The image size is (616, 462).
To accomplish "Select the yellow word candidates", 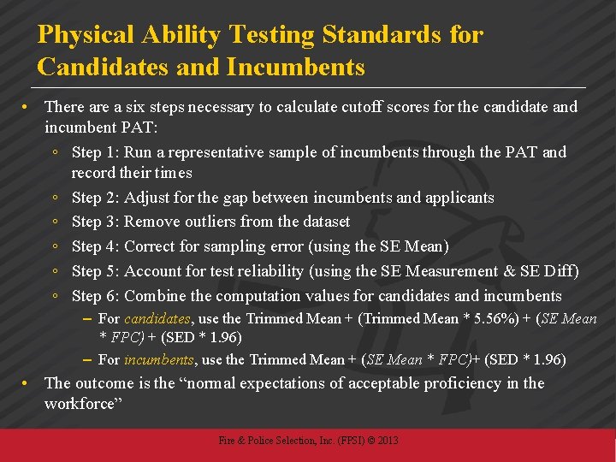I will (159, 318).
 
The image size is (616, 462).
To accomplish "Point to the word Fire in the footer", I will (227, 441).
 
